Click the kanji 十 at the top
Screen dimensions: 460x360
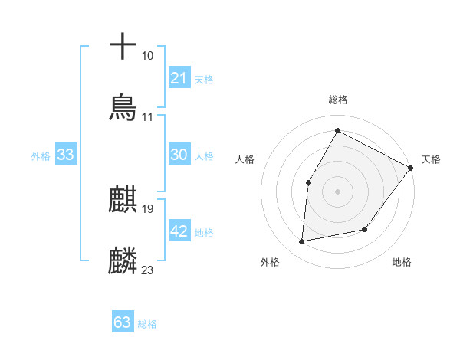(123, 47)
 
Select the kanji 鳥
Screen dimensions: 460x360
(123, 106)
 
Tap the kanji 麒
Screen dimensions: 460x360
(123, 199)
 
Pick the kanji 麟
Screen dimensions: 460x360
(123, 260)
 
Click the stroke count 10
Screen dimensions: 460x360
(147, 56)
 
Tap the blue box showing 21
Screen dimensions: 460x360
(179, 78)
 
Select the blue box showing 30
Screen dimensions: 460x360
(179, 155)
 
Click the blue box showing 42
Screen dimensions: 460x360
(179, 231)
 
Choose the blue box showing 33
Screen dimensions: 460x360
(66, 155)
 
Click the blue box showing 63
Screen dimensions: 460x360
(123, 322)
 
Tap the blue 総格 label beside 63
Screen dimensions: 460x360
(147, 324)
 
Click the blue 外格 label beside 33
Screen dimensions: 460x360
(41, 156)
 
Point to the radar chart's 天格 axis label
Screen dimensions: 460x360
(431, 159)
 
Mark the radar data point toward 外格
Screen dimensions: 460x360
(302, 242)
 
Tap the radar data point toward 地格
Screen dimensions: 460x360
(365, 229)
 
